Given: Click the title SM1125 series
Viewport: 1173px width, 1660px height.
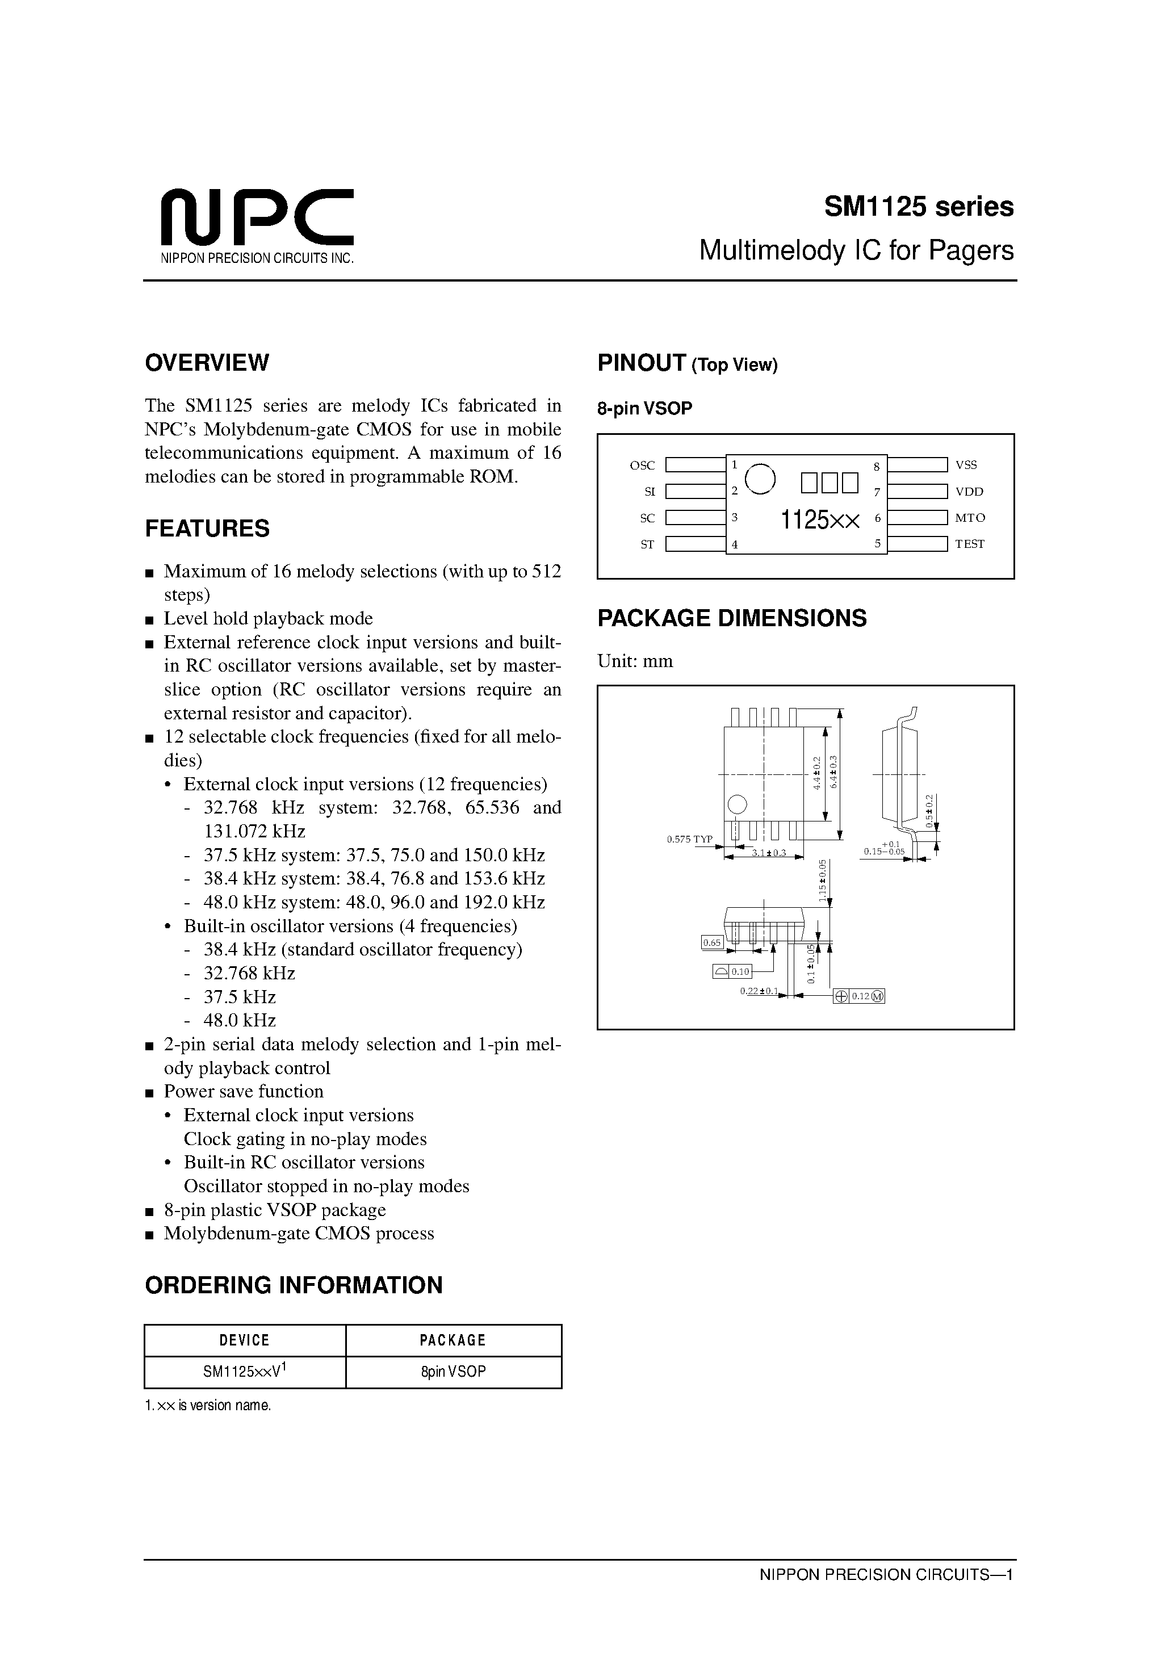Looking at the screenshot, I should coord(919,207).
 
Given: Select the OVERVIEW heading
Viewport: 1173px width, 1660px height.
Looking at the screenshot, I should coord(207,363).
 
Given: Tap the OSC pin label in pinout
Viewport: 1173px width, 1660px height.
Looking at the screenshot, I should coord(642,466).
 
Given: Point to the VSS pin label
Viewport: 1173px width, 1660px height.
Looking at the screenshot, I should coord(966,466).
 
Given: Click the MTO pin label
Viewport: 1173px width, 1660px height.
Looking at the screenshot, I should coord(970,518).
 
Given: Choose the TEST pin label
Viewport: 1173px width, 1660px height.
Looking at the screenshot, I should coord(970,544).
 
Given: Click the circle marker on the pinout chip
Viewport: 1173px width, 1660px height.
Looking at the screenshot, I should coord(760,479).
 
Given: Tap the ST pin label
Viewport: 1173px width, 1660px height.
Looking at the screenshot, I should coord(647,544).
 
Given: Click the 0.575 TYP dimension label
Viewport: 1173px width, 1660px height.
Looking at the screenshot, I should coord(689,840).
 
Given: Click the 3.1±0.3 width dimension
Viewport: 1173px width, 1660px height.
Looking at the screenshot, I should coord(768,853).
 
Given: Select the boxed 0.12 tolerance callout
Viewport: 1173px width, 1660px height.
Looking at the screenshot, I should coord(859,996).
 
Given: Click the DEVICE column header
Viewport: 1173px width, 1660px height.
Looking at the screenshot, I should coord(245,1340).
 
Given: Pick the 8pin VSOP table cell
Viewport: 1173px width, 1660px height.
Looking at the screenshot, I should coord(454,1372).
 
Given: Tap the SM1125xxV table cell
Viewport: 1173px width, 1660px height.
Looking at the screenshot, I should coord(245,1372).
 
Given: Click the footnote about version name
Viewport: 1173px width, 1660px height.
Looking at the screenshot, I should coord(208,1406).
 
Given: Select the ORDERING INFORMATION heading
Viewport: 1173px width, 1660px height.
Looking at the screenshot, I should coord(294,1285).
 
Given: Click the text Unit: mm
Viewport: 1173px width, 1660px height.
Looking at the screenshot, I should coord(635,661).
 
